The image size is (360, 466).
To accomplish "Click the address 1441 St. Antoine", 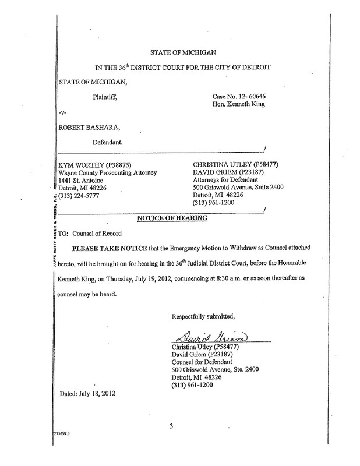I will (x=78, y=180).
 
